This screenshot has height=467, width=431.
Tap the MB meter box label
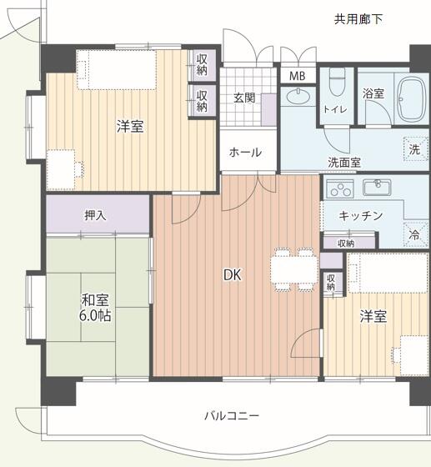pyautogui.click(x=297, y=76)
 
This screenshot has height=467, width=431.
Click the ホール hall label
pyautogui.click(x=245, y=153)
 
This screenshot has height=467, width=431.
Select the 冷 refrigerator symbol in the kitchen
pyautogui.click(x=414, y=235)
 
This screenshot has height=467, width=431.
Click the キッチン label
pyautogui.click(x=360, y=216)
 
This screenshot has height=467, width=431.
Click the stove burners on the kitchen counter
pyautogui.click(x=338, y=186)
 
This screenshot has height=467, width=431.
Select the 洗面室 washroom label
pyautogui.click(x=343, y=163)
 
